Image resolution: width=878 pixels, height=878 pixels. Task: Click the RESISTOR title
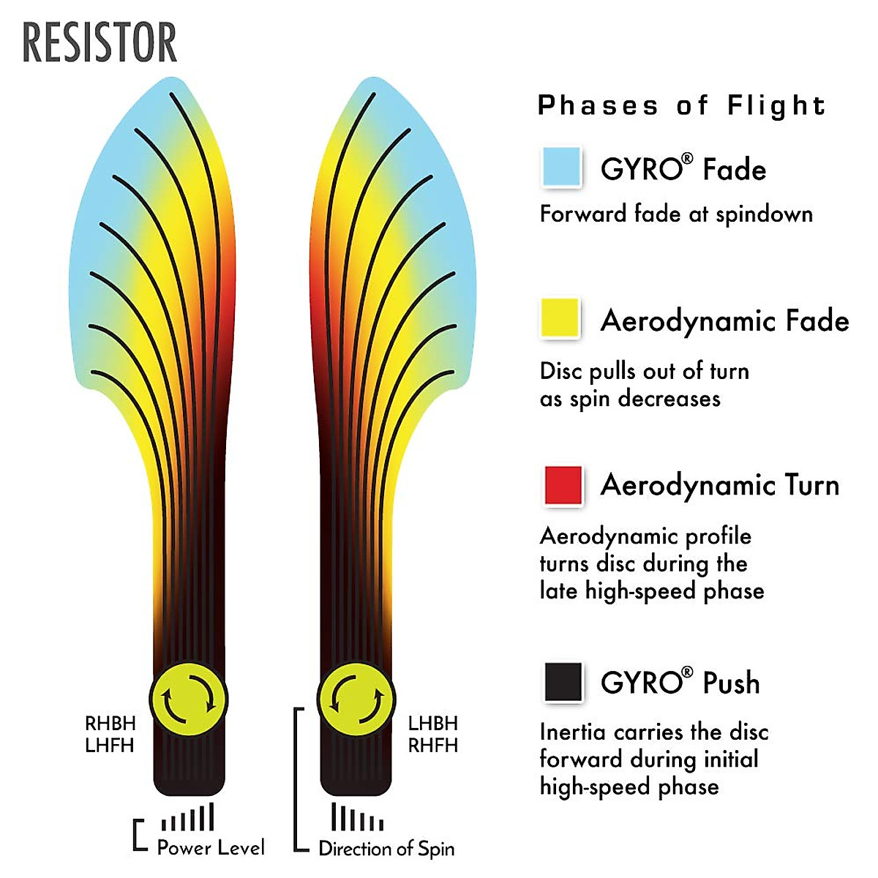point(100,43)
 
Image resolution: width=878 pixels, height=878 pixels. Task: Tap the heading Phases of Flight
point(681,105)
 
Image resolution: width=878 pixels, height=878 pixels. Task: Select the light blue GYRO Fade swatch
point(562,166)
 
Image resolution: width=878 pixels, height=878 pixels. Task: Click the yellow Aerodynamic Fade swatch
point(560,318)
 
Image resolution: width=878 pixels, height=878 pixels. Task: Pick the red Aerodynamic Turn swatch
point(563,485)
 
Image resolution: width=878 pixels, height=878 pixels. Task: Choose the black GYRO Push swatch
point(563,682)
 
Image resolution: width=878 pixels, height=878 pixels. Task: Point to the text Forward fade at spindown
point(676,214)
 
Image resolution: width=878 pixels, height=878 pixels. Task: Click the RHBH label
point(110,724)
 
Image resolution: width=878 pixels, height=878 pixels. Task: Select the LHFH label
point(110,746)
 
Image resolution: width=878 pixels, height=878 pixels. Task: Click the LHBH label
point(433,724)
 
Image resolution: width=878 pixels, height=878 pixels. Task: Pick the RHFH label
point(433,746)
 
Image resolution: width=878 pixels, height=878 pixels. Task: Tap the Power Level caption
point(211,847)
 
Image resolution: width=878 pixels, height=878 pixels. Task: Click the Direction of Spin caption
point(386,849)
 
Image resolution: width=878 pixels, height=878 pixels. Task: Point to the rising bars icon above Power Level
point(188,818)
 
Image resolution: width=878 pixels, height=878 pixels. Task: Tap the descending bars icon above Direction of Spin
point(357,817)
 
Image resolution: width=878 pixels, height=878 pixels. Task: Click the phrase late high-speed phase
point(652,590)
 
